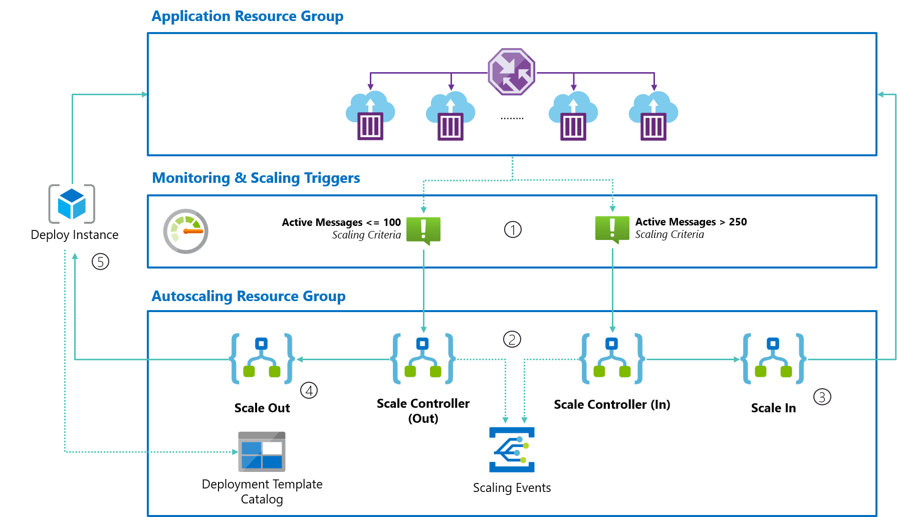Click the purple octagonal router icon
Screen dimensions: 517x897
511,72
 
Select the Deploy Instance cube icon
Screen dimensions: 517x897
72,204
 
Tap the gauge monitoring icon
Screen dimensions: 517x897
186,231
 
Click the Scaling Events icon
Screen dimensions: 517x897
512,449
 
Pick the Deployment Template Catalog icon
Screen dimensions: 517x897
262,451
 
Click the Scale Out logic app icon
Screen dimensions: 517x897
262,359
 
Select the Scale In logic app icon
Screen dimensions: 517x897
773,359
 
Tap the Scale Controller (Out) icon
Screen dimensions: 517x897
423,359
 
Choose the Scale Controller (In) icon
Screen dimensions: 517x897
611,359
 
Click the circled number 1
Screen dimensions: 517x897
513,229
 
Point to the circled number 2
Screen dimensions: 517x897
512,339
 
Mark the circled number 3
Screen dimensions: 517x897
822,397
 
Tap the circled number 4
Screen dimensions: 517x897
309,390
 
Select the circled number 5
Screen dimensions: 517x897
100,262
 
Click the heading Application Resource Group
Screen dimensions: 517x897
248,16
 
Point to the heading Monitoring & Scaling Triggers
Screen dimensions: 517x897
256,178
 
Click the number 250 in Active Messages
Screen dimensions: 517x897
738,222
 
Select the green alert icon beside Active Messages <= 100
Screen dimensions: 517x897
423,230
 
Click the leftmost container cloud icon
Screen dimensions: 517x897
370,116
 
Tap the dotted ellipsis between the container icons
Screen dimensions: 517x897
512,119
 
